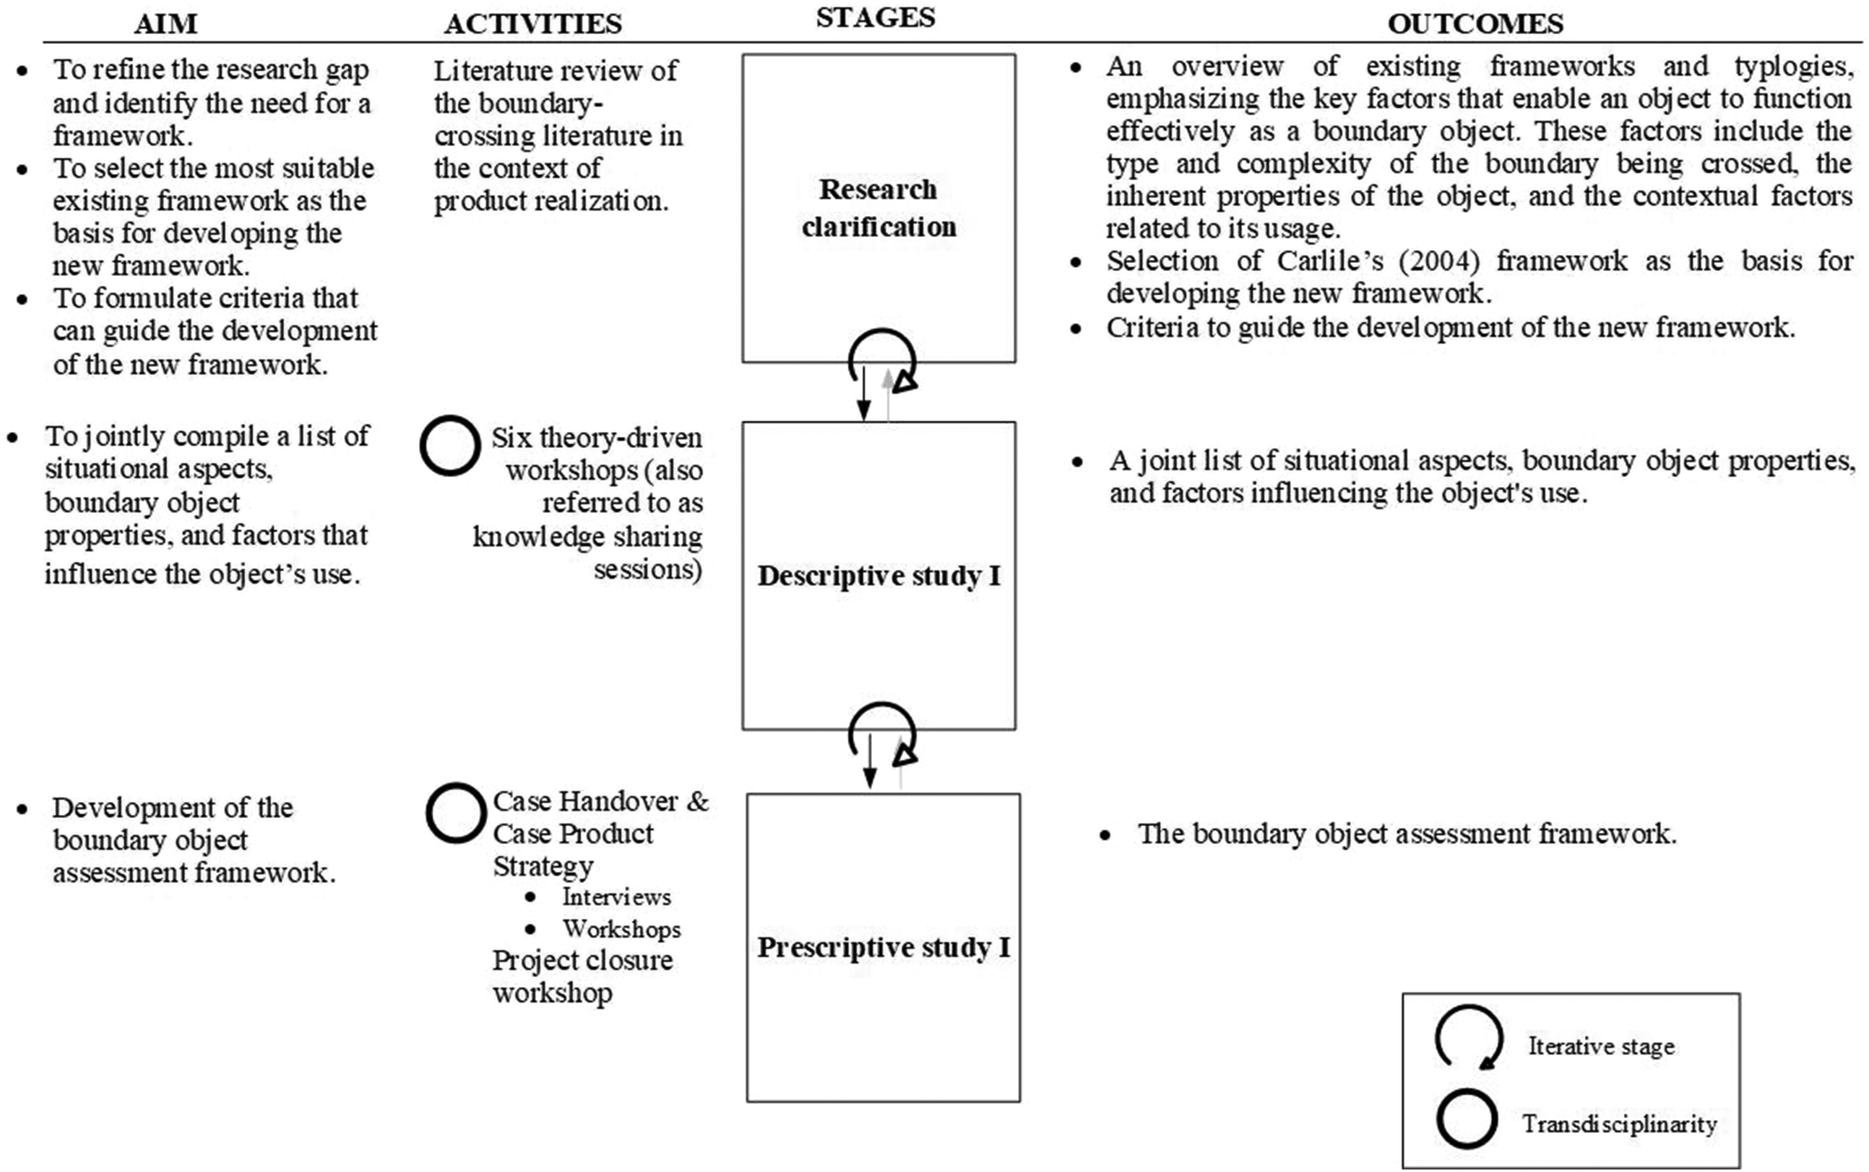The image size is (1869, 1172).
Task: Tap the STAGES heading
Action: pyautogui.click(x=876, y=17)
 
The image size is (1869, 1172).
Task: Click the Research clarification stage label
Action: pyautogui.click(x=878, y=208)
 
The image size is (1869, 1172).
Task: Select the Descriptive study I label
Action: pyautogui.click(x=879, y=576)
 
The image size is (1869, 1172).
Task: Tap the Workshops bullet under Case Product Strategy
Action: pyautogui.click(x=621, y=929)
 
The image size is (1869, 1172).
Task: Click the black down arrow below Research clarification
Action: pyautogui.click(x=864, y=393)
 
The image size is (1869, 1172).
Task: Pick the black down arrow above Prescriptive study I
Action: pyautogui.click(x=870, y=761)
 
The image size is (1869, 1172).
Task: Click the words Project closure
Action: pyautogui.click(x=582, y=960)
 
